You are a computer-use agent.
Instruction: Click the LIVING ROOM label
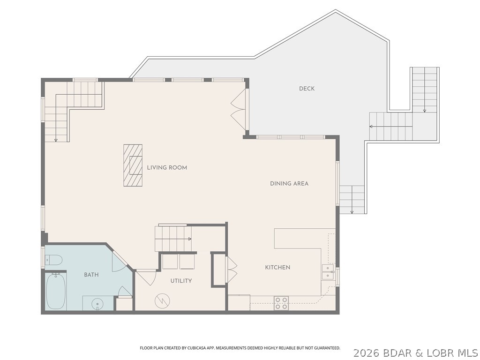coord(167,167)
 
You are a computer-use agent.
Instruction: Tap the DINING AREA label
coord(289,183)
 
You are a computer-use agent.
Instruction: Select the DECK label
coord(307,89)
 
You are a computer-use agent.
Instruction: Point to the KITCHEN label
coord(277,267)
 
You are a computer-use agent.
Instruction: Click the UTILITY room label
coord(180,281)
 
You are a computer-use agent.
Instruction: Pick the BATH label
coord(91,275)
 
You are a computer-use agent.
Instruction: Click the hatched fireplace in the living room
coord(133,165)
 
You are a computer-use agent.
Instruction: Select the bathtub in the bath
coord(56,291)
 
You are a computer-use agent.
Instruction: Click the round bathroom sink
coord(98,304)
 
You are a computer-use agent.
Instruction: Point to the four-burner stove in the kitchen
coord(281,303)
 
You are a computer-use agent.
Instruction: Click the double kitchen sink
coord(328,272)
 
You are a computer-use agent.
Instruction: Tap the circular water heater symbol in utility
coord(162,300)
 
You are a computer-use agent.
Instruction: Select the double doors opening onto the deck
coord(238,110)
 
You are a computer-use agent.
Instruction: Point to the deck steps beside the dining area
coord(352,199)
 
